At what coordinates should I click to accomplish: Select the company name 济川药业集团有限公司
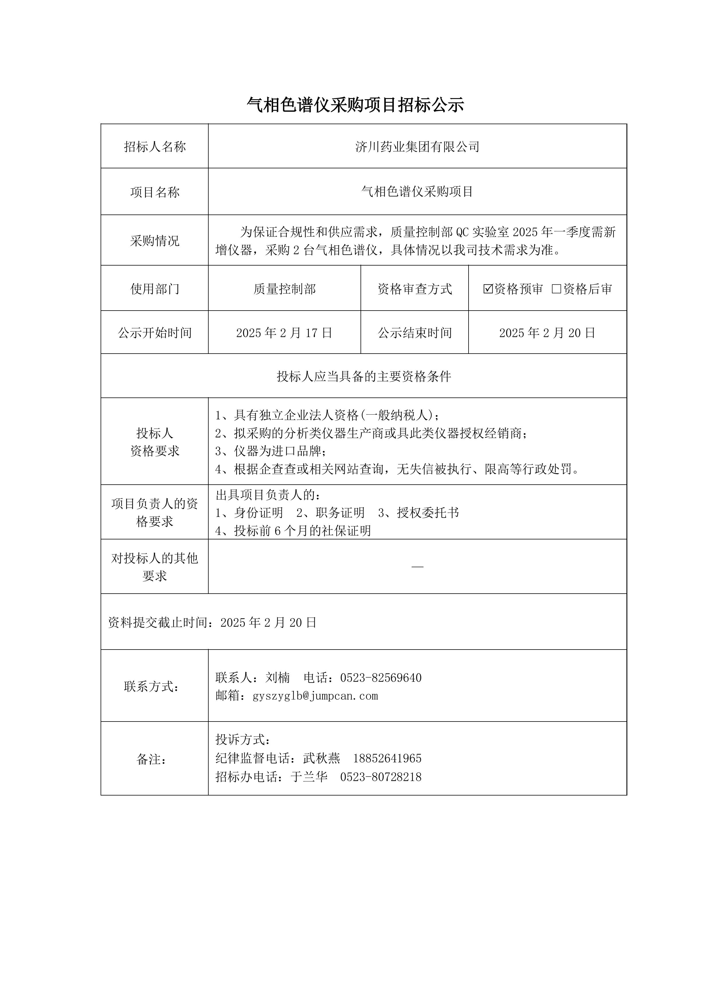417,147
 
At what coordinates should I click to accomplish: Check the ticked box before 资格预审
488,289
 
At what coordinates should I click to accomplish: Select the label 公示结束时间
415,333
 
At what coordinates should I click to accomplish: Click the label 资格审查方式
415,289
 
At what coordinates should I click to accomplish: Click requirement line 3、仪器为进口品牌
271,451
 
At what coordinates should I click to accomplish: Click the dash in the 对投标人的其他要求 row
417,567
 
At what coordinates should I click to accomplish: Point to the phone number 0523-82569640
381,678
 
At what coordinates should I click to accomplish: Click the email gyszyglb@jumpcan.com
315,696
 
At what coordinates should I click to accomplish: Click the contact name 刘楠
278,678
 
